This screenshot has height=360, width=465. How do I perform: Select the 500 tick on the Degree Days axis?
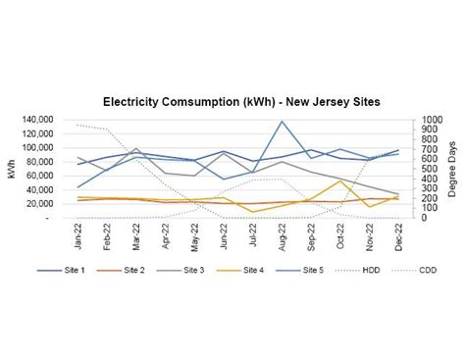428,169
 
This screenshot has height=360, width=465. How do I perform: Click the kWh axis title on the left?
12,170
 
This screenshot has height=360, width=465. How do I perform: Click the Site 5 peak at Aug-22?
283,122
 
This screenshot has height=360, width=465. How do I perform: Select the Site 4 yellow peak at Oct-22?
339,180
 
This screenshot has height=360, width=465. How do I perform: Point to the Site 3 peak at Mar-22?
137,149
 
